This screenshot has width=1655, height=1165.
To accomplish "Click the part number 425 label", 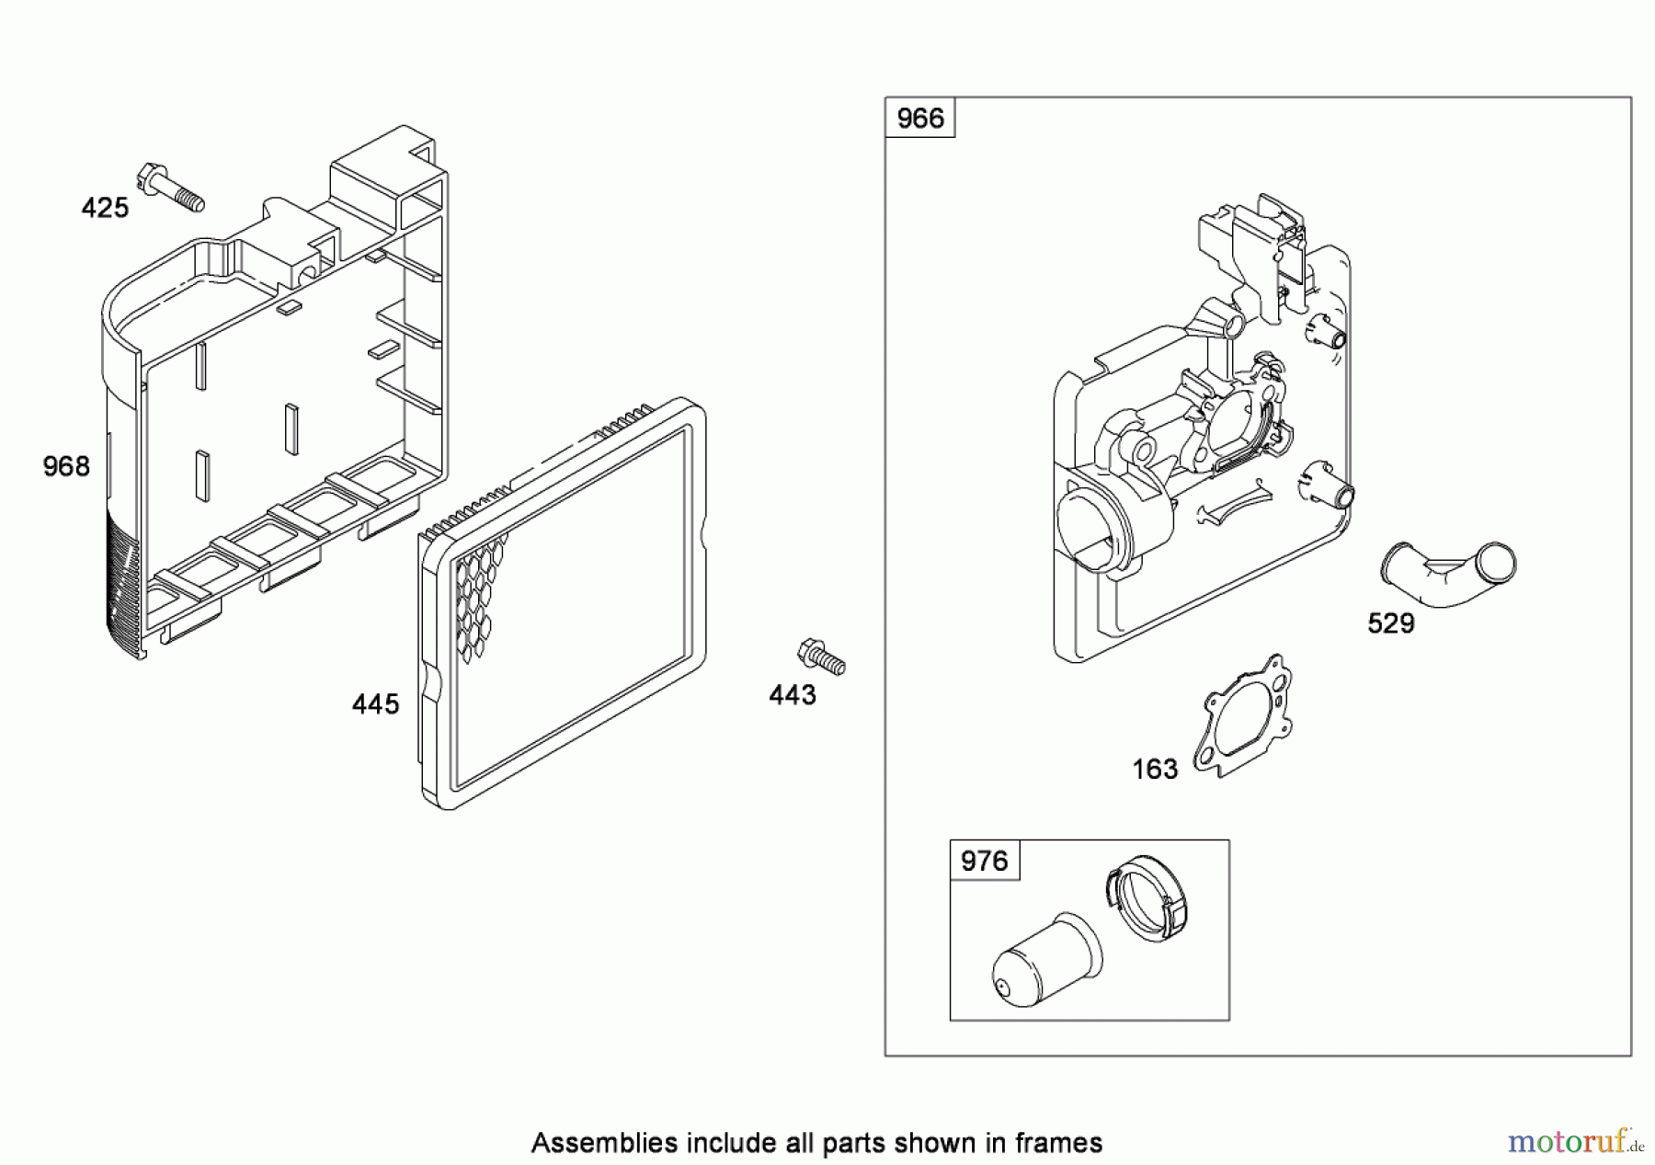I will [105, 208].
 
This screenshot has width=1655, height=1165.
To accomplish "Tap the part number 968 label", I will [66, 467].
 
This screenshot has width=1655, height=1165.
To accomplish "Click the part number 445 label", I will [375, 704].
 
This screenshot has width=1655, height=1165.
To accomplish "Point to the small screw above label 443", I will [821, 657].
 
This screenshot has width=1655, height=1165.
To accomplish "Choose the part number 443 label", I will [793, 695].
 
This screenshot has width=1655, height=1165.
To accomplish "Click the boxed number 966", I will [919, 118].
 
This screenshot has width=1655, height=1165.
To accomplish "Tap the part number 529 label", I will [1390, 623].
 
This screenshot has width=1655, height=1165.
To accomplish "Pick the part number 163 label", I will [1155, 769].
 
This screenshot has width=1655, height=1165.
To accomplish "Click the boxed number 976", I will [984, 861].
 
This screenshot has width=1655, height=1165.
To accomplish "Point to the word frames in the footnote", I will [1058, 1143].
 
